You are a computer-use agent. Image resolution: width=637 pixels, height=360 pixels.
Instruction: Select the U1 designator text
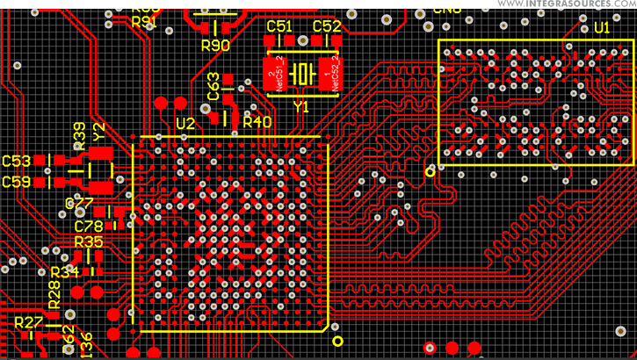(602, 28)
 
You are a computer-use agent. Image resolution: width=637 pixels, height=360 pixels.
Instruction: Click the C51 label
(279, 27)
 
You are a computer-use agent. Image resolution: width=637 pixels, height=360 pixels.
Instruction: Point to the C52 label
(326, 27)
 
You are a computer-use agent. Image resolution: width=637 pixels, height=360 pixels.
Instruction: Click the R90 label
(215, 46)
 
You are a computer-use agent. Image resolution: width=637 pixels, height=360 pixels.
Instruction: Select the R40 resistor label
(257, 122)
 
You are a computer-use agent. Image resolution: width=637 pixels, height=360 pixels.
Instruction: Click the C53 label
(17, 162)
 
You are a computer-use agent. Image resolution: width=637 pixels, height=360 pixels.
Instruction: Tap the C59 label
(17, 182)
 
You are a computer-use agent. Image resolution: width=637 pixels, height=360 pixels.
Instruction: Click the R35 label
(89, 241)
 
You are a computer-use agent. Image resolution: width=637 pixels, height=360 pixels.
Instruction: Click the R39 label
(79, 134)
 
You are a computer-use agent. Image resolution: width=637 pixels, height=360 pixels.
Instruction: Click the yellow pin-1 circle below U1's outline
(430, 172)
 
